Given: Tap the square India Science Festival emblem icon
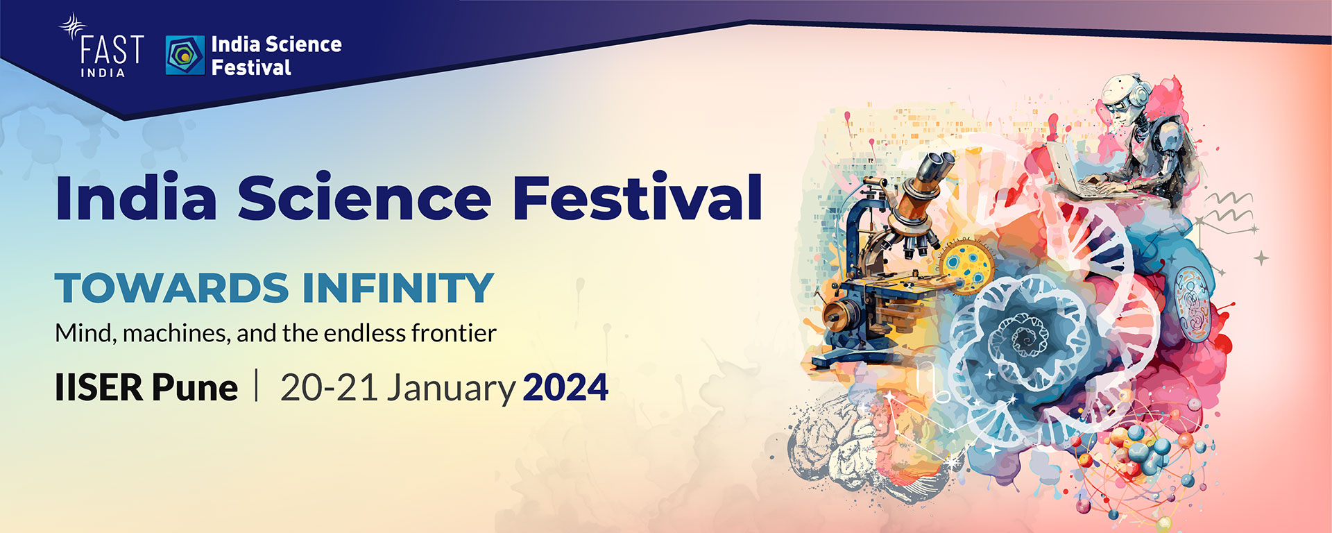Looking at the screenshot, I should (x=185, y=56).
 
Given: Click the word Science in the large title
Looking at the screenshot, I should (x=364, y=198).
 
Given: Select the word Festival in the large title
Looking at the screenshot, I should (x=637, y=198).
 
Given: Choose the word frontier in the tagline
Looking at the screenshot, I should (x=454, y=334).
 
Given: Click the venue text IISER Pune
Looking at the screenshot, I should (x=146, y=387).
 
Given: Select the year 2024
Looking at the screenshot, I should (x=565, y=387).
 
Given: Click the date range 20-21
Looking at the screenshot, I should (x=329, y=387).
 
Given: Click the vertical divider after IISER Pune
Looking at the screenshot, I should (x=257, y=386).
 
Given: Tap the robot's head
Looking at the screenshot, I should (x=1125, y=97).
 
